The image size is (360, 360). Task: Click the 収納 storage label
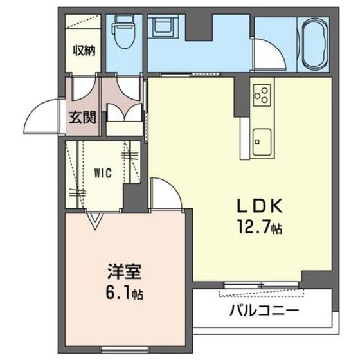(x=84, y=50)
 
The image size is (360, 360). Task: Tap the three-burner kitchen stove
(x=262, y=97)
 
